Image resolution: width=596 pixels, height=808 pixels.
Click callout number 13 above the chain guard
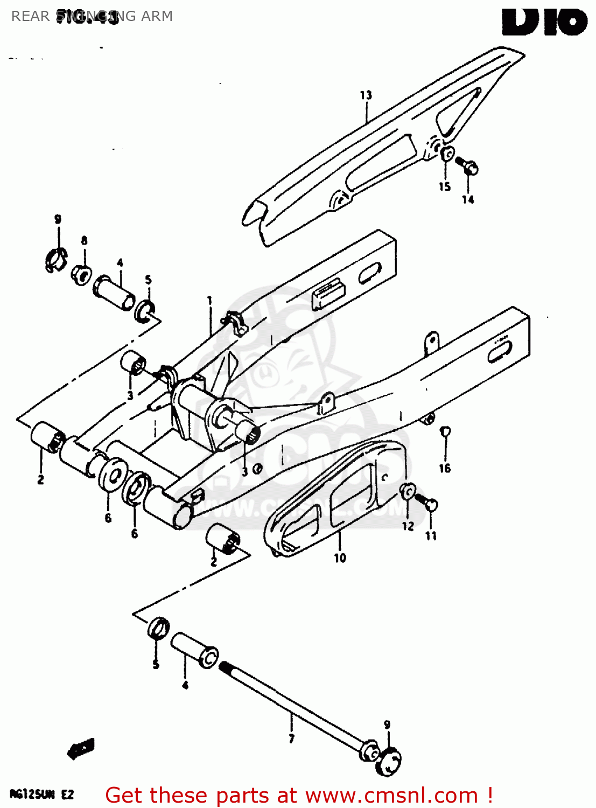pyautogui.click(x=366, y=95)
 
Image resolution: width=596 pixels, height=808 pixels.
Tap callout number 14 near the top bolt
pyautogui.click(x=468, y=199)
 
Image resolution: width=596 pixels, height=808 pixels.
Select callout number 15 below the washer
pyautogui.click(x=445, y=186)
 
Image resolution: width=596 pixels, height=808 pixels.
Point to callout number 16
pyautogui.click(x=445, y=468)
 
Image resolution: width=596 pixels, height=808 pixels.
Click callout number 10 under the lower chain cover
pyautogui.click(x=340, y=558)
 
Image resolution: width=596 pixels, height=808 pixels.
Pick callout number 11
pyautogui.click(x=431, y=535)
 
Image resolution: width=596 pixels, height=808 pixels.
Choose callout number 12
pyautogui.click(x=408, y=526)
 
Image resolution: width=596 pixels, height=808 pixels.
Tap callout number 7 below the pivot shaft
pyautogui.click(x=291, y=739)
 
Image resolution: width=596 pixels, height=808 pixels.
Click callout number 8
pyautogui.click(x=84, y=241)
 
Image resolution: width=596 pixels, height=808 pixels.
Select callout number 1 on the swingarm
pyautogui.click(x=210, y=301)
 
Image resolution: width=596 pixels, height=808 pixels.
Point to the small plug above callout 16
pyautogui.click(x=445, y=431)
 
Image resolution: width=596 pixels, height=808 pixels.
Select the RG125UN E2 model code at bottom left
pyautogui.click(x=41, y=795)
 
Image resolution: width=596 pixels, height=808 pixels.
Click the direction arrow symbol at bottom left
pyautogui.click(x=81, y=749)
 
